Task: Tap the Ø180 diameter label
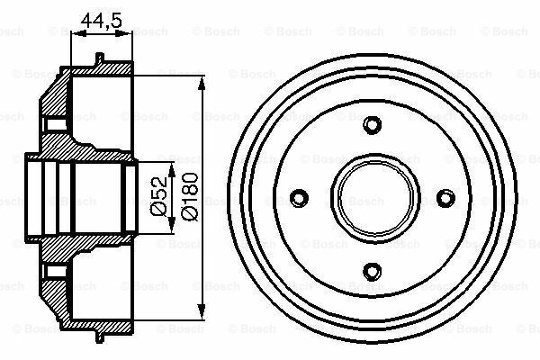click(189, 195)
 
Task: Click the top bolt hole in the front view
click(370, 124)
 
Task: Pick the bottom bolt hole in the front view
click(370, 267)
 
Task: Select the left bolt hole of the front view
click(298, 196)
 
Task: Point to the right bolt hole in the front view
click(442, 196)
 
